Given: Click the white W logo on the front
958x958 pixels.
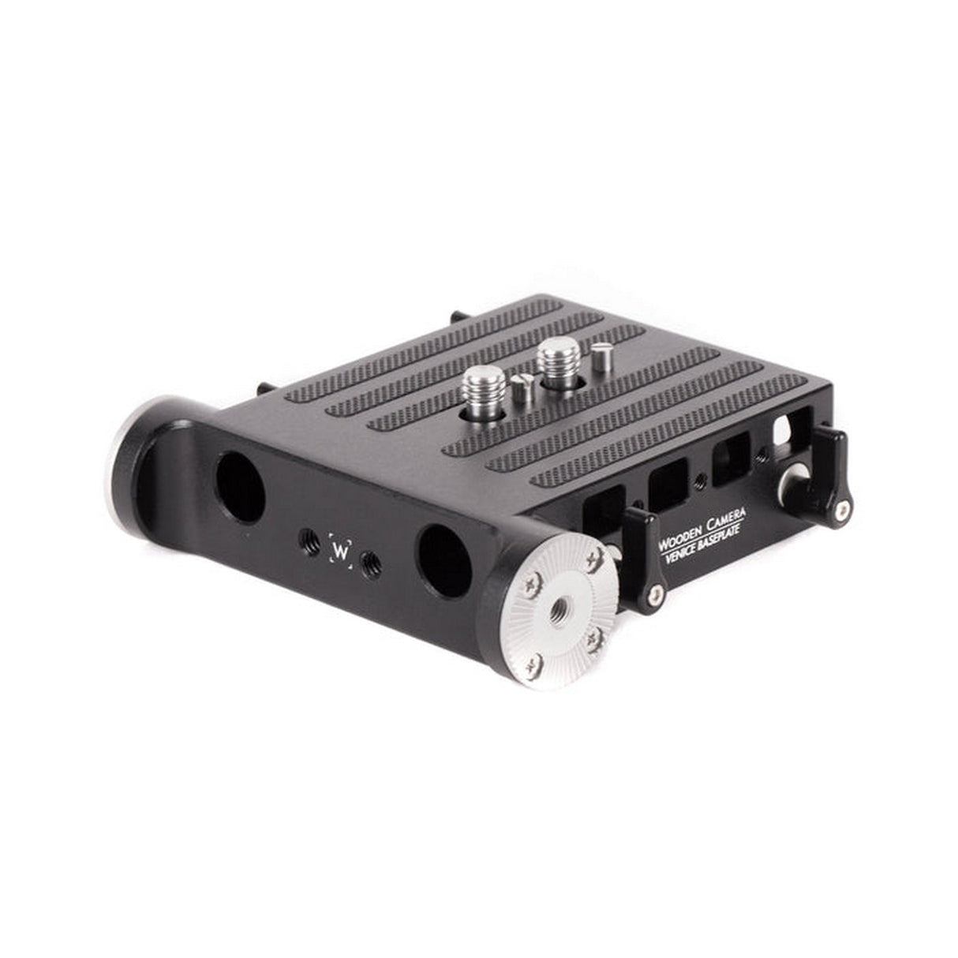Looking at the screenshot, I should (341, 549).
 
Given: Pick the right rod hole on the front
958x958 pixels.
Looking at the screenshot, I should (443, 561).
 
